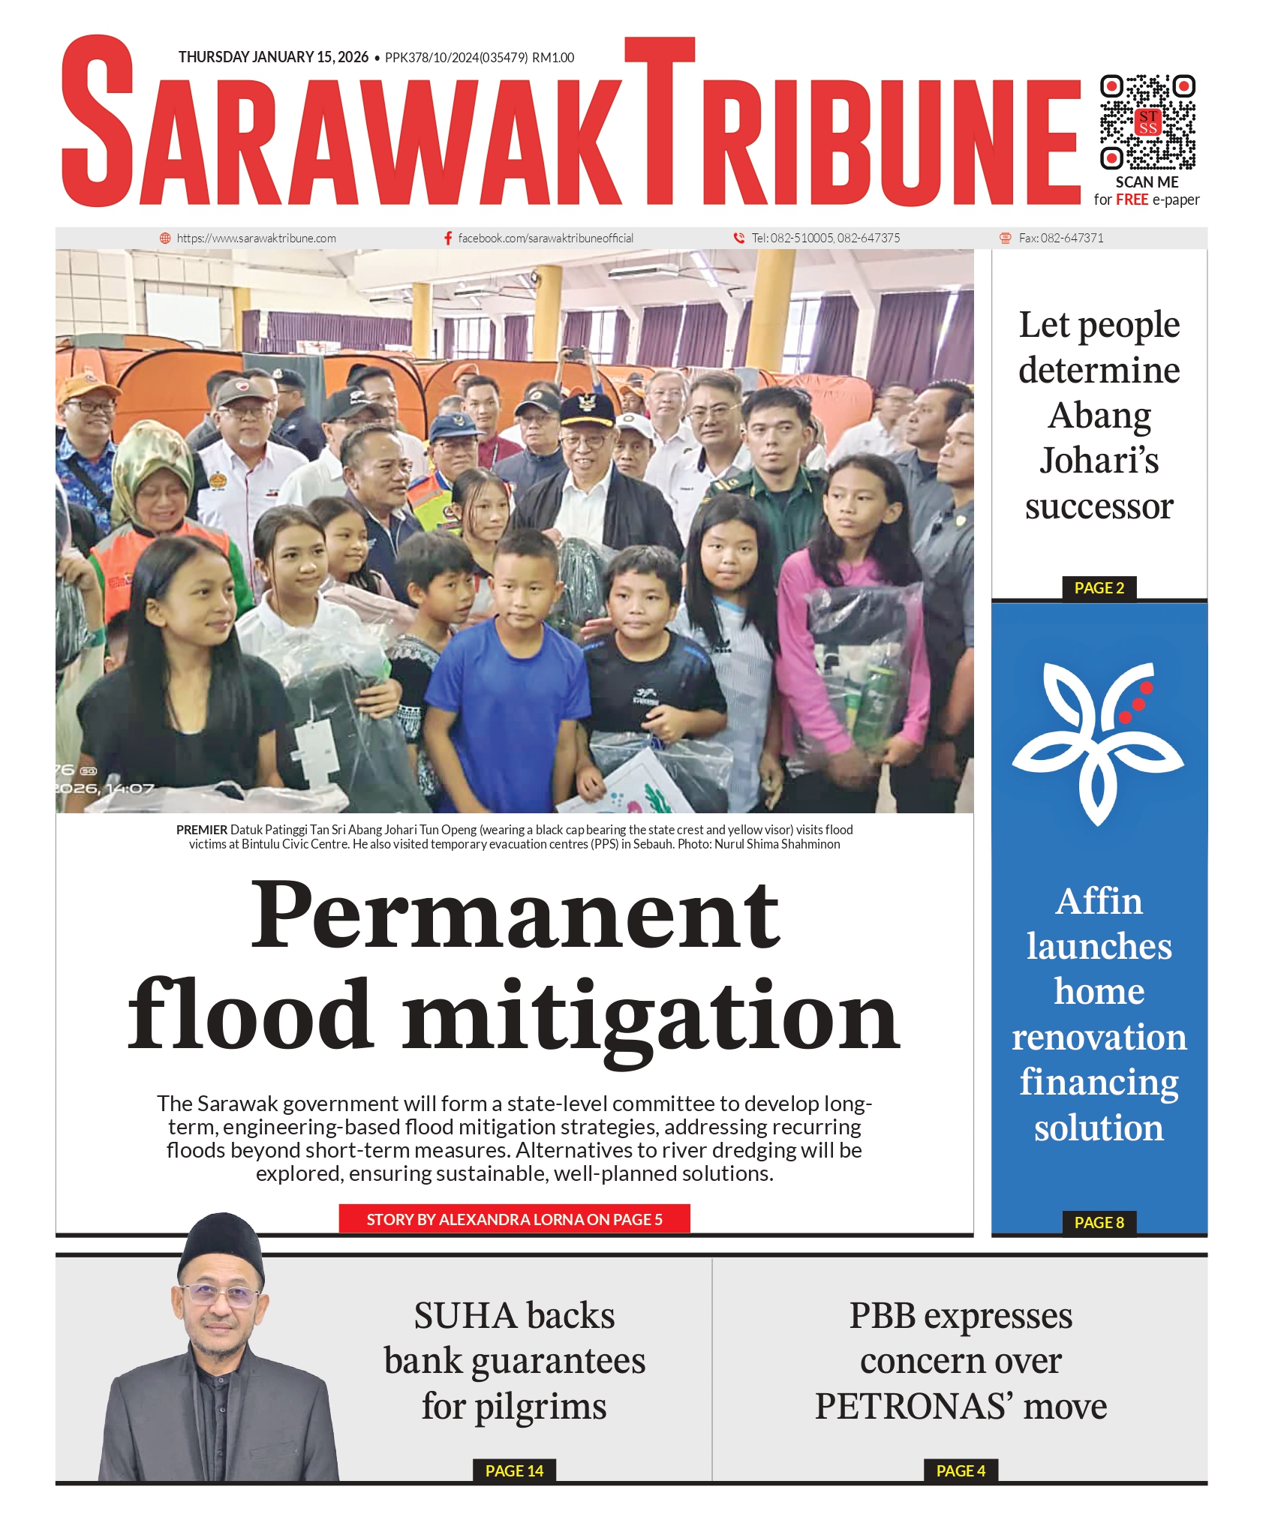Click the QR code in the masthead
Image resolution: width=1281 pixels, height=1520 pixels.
(1147, 122)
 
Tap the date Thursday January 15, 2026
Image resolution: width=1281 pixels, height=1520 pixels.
(273, 58)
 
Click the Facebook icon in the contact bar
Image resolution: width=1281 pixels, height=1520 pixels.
(448, 238)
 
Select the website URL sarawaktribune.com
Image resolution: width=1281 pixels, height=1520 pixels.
(256, 239)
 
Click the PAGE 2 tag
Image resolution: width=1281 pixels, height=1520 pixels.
(1099, 588)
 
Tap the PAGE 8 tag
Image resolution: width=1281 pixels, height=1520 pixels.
(1099, 1222)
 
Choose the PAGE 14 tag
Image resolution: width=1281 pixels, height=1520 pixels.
(514, 1470)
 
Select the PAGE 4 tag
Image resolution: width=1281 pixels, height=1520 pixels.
(960, 1470)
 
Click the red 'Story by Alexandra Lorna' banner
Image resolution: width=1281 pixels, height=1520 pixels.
(514, 1219)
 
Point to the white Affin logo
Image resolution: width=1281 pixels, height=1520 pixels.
(1097, 743)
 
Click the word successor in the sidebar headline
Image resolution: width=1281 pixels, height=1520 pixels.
(1099, 507)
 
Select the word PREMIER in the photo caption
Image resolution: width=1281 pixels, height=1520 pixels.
(202, 830)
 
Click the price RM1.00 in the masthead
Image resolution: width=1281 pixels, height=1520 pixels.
(553, 58)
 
